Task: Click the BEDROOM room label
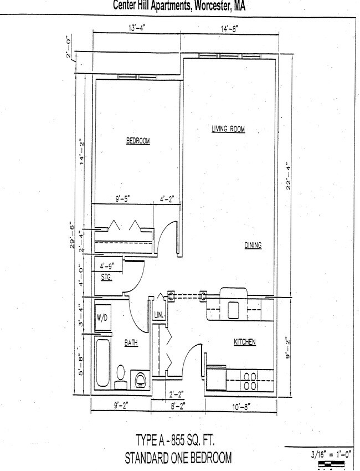click(x=138, y=141)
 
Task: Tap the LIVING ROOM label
click(x=228, y=129)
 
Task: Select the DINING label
click(x=253, y=245)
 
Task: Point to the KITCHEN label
click(x=244, y=342)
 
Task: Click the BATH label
click(x=131, y=344)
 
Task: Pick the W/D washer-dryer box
click(x=102, y=318)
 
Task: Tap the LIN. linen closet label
click(x=158, y=315)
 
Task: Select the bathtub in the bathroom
click(x=103, y=363)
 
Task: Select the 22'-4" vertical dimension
click(x=288, y=176)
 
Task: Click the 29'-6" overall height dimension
click(x=72, y=236)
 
